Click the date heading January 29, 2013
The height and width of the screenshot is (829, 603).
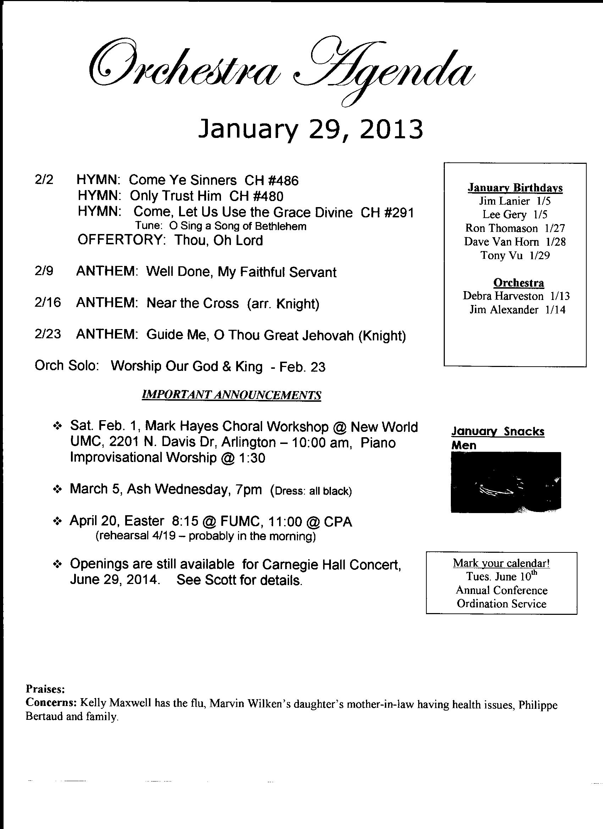(310, 130)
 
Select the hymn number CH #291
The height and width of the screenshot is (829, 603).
(387, 212)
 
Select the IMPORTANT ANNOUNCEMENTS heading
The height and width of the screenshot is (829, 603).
(231, 395)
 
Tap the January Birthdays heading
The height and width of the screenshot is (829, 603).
(515, 188)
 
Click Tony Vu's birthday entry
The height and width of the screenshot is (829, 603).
(515, 255)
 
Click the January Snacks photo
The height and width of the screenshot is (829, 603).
(506, 482)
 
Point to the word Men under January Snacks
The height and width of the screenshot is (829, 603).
(464, 445)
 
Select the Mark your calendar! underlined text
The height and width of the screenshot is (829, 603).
(501, 563)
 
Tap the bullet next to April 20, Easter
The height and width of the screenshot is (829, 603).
(57, 522)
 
